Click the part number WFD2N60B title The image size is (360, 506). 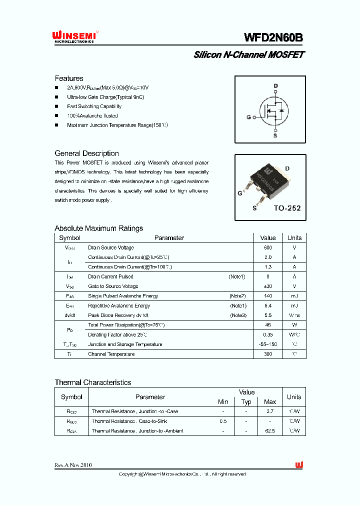click(x=273, y=38)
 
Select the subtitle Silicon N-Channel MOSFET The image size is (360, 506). click(x=249, y=55)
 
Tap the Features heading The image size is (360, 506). click(x=69, y=78)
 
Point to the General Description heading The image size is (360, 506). click(x=86, y=153)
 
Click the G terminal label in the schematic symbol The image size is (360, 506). click(x=248, y=118)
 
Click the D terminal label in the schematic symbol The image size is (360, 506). click(x=275, y=86)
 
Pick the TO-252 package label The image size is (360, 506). click(x=287, y=208)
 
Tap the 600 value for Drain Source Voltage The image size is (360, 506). click(x=268, y=247)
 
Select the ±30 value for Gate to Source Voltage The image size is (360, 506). click(x=268, y=286)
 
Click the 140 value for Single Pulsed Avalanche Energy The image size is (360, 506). click(x=268, y=296)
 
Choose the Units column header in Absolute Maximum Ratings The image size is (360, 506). click(x=294, y=238)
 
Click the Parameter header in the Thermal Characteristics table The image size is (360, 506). click(x=150, y=397)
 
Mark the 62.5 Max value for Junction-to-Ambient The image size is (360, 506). click(x=270, y=431)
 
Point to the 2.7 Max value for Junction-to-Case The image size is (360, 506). click(x=270, y=411)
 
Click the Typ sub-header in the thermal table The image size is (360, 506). click(x=246, y=402)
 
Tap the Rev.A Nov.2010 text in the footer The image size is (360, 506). click(x=73, y=465)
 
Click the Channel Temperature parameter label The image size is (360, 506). click(x=111, y=354)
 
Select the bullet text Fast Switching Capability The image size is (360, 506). click(x=94, y=106)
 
